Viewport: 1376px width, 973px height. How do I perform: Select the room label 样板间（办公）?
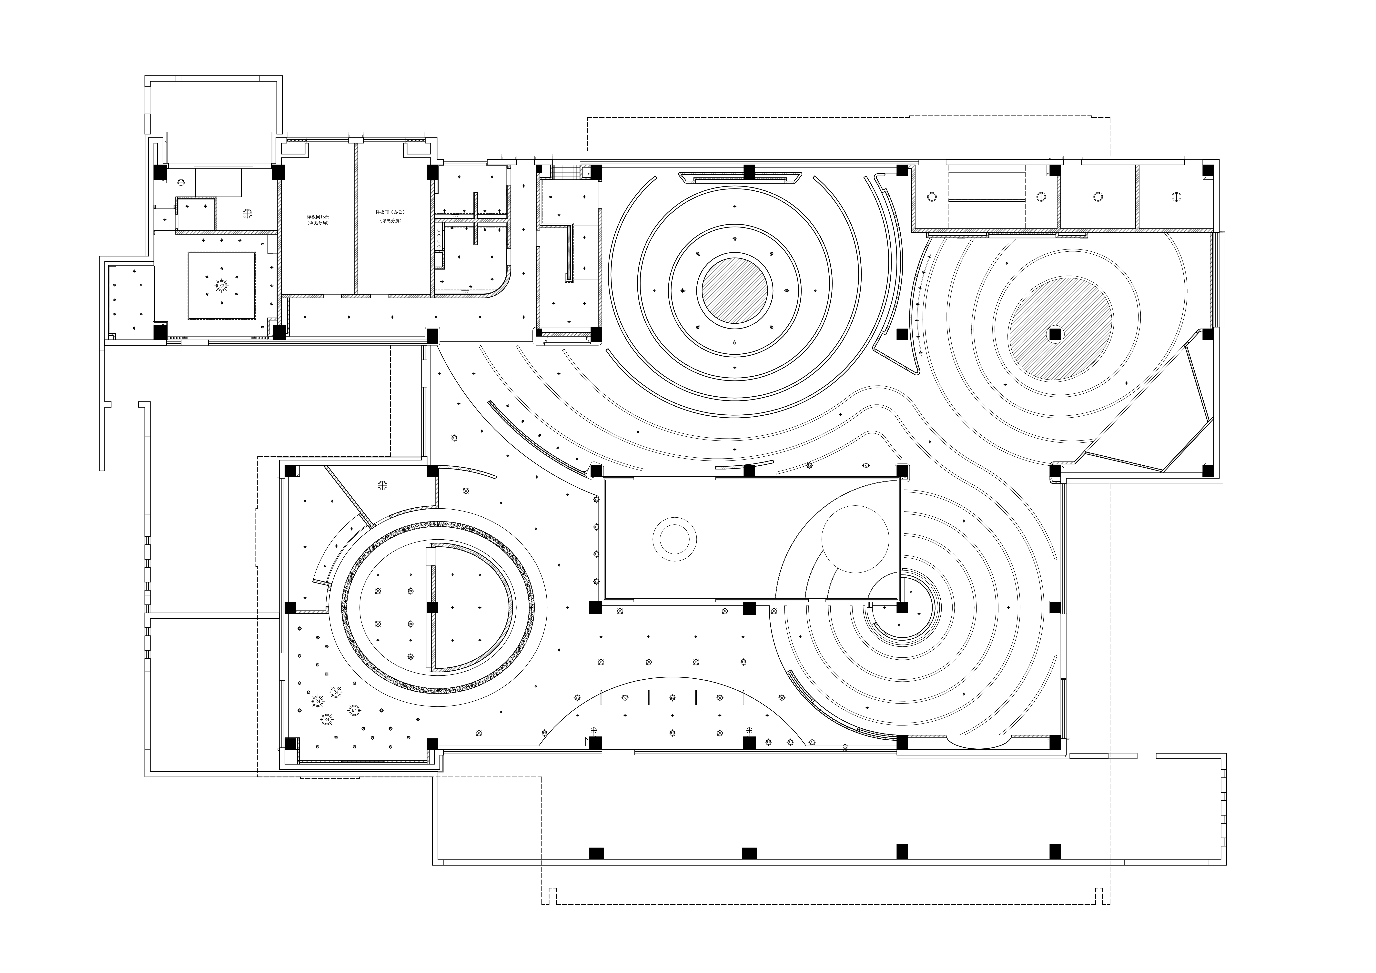[x=390, y=212]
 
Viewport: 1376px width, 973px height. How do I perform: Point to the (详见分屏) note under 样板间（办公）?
[x=390, y=221]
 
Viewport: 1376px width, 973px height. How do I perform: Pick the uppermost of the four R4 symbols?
[x=336, y=692]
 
